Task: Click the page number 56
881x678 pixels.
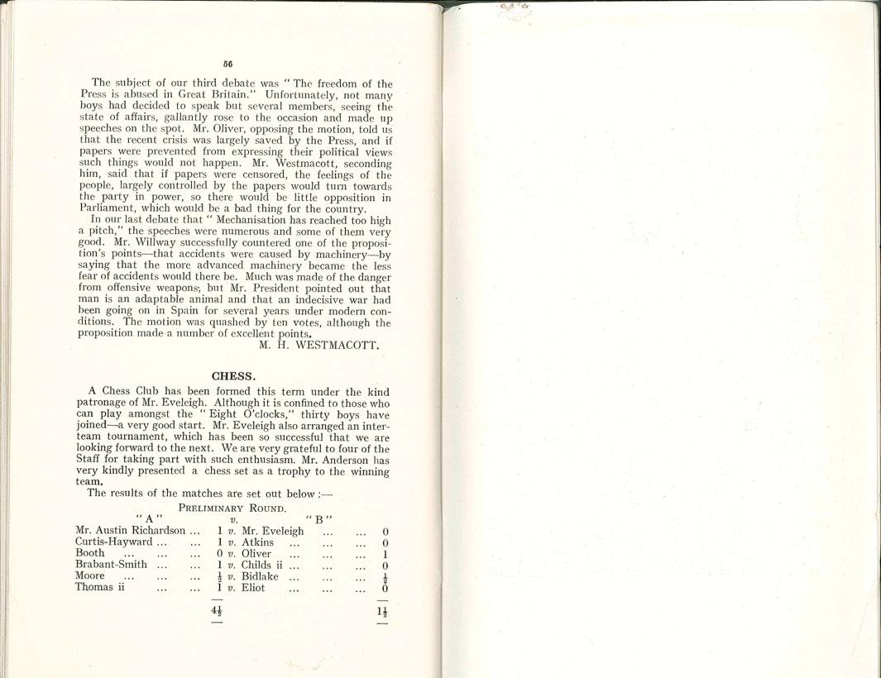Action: [227, 64]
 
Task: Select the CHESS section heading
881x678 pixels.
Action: [233, 375]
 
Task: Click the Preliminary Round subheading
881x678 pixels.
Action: [232, 508]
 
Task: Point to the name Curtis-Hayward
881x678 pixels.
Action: [114, 542]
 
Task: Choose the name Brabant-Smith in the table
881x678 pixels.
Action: [112, 565]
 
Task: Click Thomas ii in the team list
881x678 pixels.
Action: [99, 587]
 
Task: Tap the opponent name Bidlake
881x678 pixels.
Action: [260, 576]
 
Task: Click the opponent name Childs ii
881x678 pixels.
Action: [264, 565]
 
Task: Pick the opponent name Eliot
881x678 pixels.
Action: [255, 587]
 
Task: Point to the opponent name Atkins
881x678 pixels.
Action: [257, 542]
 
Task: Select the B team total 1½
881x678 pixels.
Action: [382, 613]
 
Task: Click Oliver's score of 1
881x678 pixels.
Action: [385, 554]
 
